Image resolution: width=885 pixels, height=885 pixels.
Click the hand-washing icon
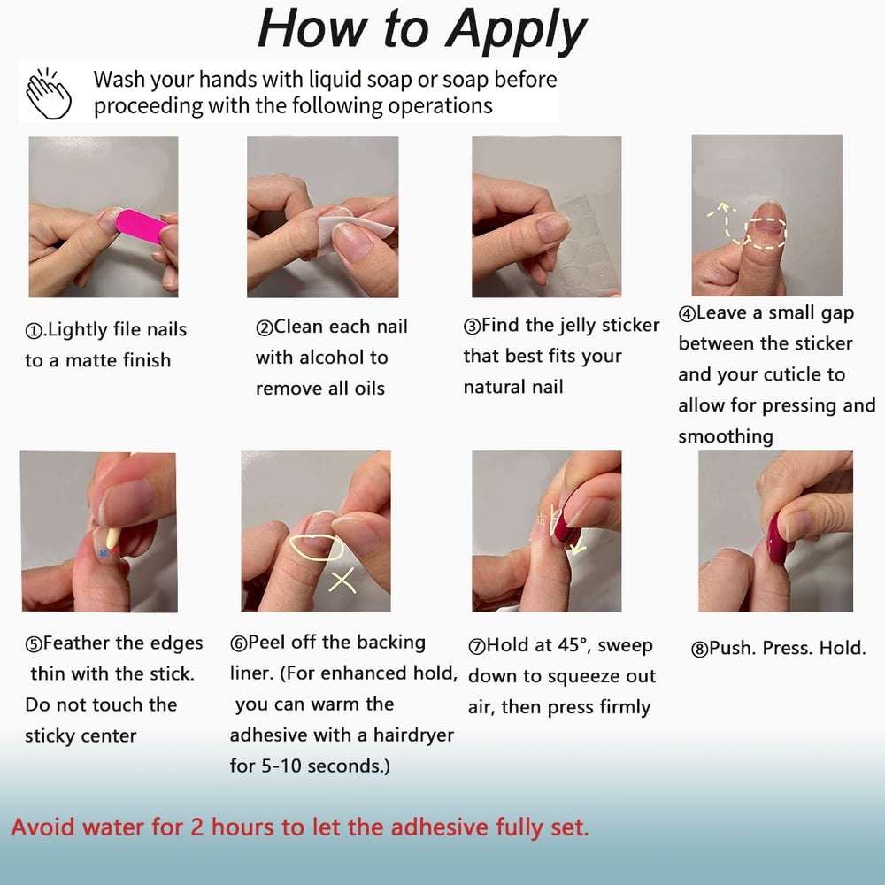tap(49, 93)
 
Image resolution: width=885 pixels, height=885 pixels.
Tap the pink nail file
tap(141, 226)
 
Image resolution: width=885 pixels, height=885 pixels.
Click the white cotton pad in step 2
tap(353, 231)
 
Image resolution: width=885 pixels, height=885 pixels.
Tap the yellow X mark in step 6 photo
tap(342, 581)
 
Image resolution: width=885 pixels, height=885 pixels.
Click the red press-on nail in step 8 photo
tap(777, 539)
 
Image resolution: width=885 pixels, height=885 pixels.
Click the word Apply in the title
tap(516, 29)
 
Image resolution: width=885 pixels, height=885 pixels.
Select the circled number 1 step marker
tap(34, 331)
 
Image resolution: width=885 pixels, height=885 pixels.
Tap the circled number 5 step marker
tap(34, 644)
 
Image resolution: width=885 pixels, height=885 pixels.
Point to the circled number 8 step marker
tap(699, 649)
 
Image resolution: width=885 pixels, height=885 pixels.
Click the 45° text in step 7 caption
tap(575, 645)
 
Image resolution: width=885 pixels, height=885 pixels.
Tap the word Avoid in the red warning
tap(42, 827)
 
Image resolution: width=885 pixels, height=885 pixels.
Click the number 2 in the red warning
tap(197, 827)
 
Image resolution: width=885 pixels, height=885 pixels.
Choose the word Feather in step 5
tap(76, 643)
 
